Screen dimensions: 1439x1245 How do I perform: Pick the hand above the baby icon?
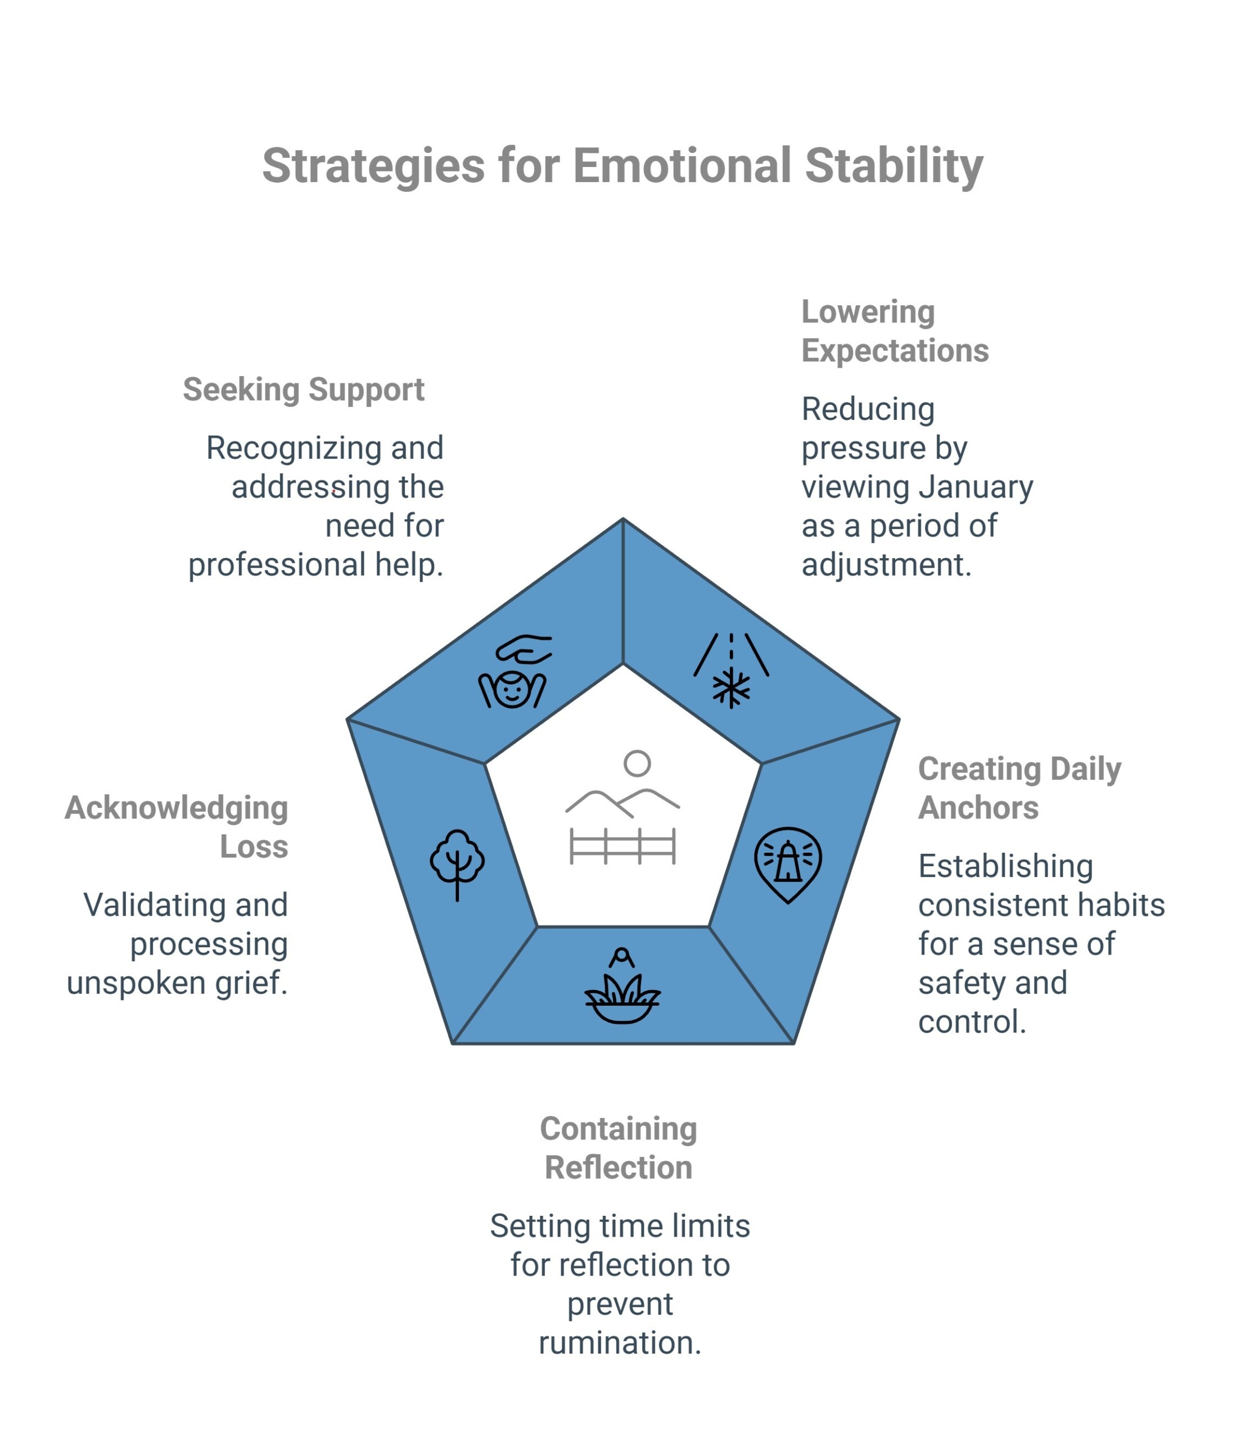[x=525, y=649]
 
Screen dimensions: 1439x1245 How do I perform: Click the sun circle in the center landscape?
[x=637, y=763]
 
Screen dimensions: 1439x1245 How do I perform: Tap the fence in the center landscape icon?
[x=622, y=845]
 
